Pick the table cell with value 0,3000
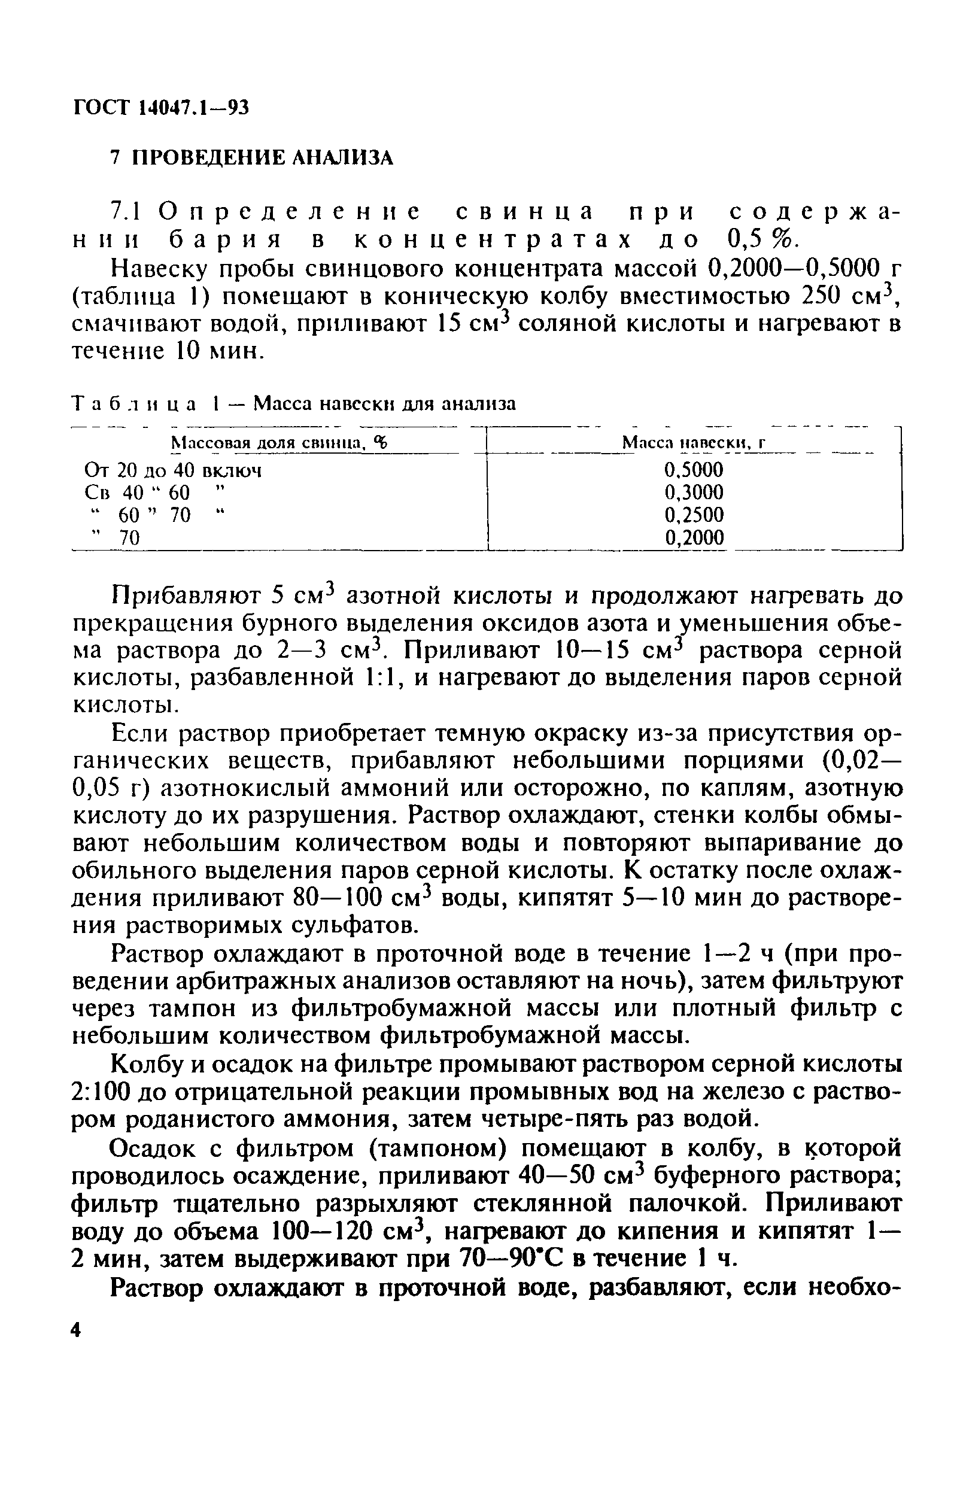coord(693,493)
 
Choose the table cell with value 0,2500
coord(693,515)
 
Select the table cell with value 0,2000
coord(693,537)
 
